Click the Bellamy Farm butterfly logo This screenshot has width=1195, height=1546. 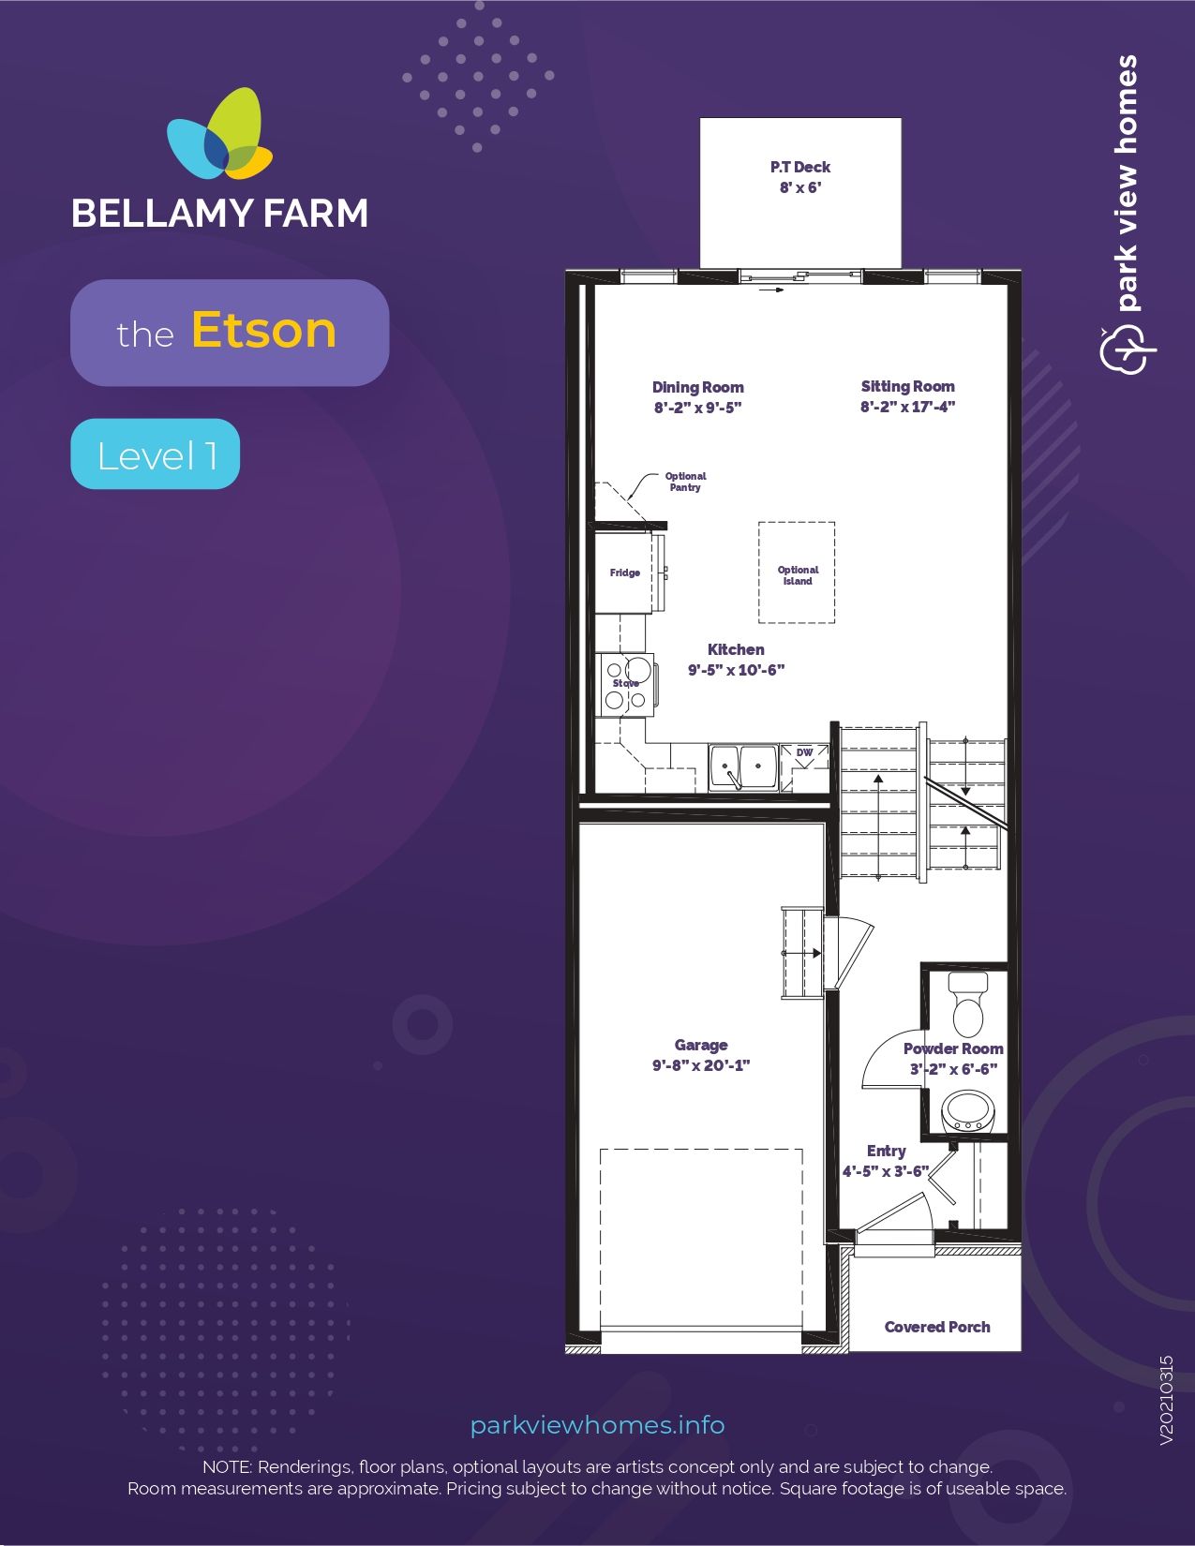pos(220,134)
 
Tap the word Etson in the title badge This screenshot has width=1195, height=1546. pos(264,330)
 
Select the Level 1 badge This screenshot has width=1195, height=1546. pos(156,453)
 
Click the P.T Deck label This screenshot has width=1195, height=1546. pos(800,167)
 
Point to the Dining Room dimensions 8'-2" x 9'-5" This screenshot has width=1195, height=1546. pos(697,408)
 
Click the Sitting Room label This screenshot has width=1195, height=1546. pos(907,386)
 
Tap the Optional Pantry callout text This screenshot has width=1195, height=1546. pos(685,482)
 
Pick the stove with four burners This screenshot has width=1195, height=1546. pos(626,685)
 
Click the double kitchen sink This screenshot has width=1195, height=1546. pos(742,767)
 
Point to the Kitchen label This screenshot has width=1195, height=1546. pos(736,649)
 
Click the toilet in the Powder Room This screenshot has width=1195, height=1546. pos(968,1003)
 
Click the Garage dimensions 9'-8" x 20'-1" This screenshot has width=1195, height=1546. pos(701,1065)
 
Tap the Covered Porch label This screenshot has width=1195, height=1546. pos(937,1327)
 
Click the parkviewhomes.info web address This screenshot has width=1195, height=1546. pos(598,1425)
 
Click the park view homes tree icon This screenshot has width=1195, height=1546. pos(1128,349)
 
